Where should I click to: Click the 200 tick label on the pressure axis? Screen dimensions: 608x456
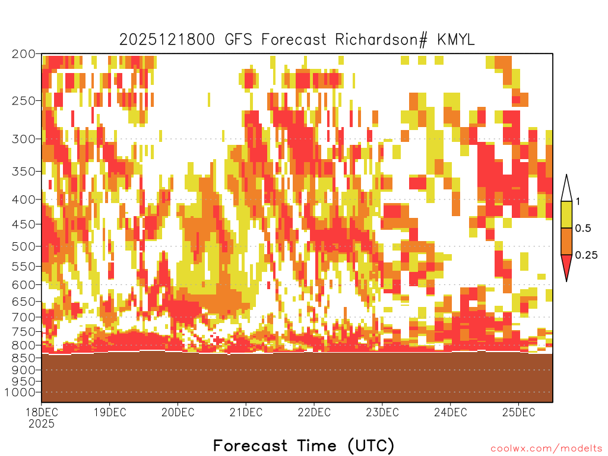click(23, 54)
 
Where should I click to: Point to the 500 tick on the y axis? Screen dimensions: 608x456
click(23, 246)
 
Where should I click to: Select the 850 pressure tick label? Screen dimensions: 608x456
click(23, 358)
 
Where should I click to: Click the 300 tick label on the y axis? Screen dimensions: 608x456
click(23, 139)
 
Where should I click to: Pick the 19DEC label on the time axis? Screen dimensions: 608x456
click(110, 412)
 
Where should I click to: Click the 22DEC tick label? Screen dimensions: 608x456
click(314, 412)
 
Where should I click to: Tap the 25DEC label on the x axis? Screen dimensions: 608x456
click(519, 412)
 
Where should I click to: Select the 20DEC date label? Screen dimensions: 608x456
click(178, 412)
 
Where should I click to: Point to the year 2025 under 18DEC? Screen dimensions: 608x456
click(42, 424)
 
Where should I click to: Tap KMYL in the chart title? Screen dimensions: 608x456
click(456, 40)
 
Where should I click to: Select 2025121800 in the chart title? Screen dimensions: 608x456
click(167, 40)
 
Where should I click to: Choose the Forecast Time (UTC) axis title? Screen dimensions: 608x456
click(303, 446)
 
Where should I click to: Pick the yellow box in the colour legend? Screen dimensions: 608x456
click(566, 214)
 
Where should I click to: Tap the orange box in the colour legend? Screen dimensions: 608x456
click(566, 241)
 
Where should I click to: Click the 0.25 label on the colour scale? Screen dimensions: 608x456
click(586, 255)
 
